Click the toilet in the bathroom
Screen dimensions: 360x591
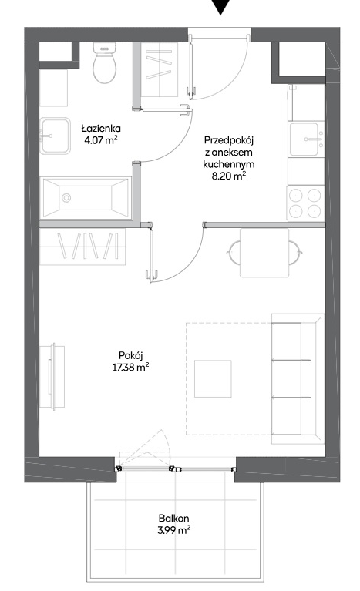pos(104,62)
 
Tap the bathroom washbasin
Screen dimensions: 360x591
pos(56,136)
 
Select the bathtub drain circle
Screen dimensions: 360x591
pos(67,197)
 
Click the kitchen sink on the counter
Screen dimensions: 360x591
pos(306,139)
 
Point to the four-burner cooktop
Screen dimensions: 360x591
pos(306,203)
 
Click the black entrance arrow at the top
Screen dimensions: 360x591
pos(220,7)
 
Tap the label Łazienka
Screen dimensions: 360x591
pos(101,129)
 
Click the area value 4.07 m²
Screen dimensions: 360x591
pos(101,140)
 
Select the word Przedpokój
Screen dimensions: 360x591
pos(228,141)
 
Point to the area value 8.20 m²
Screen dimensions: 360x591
pos(229,176)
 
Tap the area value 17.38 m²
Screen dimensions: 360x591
pos(130,367)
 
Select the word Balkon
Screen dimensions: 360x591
pos(173,519)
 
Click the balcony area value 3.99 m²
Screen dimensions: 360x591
pos(173,530)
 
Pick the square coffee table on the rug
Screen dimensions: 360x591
pos(213,378)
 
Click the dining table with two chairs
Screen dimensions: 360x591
pos(264,253)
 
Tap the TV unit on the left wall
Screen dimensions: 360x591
pos(52,377)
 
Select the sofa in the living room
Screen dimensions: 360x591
pos(298,378)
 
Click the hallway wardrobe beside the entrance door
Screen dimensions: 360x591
pos(159,69)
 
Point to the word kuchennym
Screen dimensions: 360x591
pos(228,164)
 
